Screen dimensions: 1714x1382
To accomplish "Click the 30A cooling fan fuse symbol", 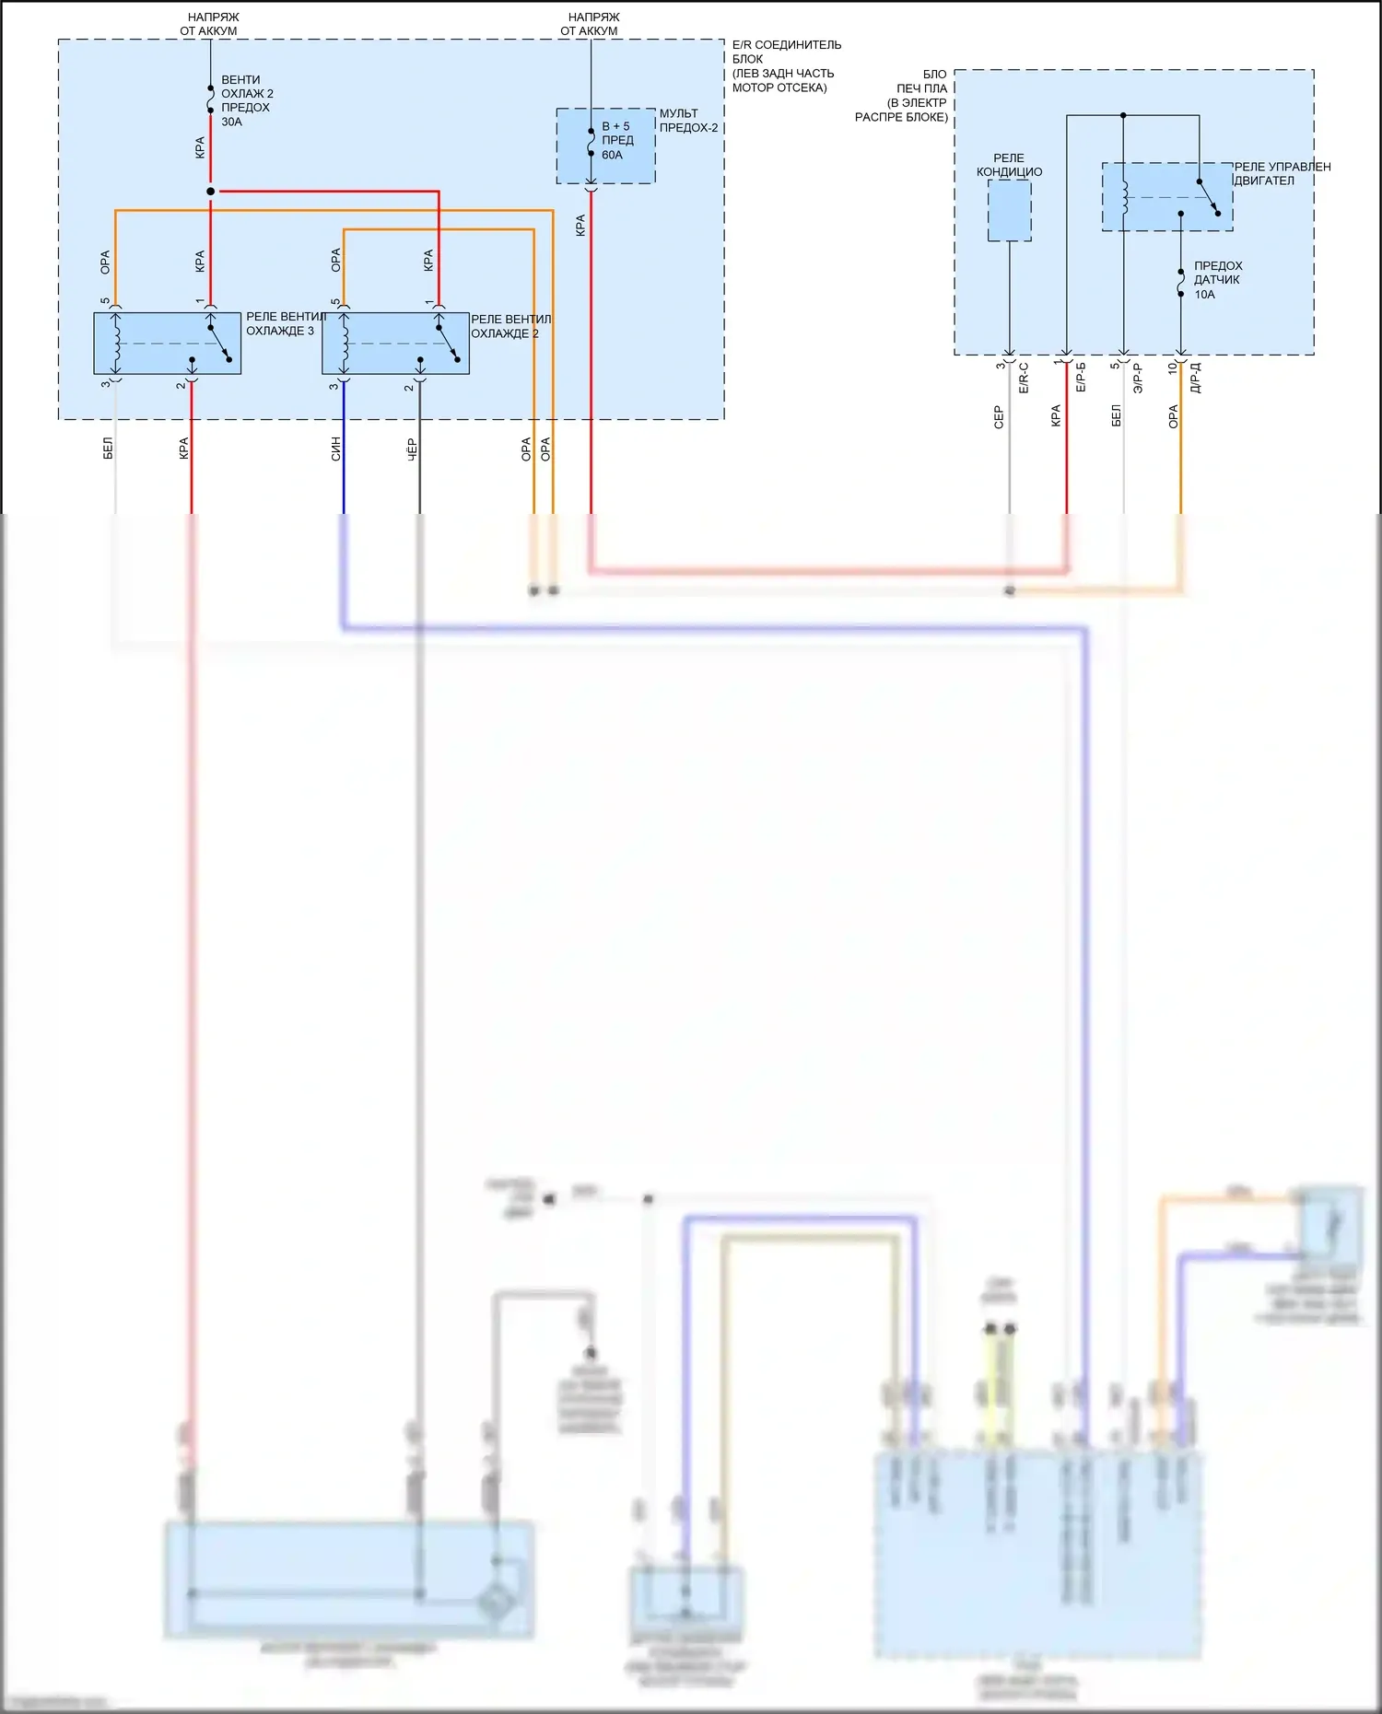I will (211, 99).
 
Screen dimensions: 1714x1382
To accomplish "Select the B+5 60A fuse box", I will (605, 146).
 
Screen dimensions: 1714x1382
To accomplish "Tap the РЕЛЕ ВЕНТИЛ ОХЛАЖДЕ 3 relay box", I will (167, 344).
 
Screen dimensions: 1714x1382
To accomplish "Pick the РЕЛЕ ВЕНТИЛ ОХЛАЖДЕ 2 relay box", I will (395, 344).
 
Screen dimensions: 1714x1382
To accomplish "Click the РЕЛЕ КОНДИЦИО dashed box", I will (1009, 210).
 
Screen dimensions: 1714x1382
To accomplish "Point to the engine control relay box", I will (1167, 197).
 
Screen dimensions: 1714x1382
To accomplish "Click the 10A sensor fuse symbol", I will (1181, 283).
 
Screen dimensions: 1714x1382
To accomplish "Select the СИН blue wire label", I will (336, 449).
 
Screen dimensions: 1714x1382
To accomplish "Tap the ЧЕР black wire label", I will (412, 449).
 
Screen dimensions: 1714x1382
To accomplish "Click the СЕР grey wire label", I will (999, 417).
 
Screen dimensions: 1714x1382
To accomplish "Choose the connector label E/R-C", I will (1024, 378).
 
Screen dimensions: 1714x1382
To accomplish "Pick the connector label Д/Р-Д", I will (1195, 378).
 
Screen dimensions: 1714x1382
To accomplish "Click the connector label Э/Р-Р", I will (1138, 378).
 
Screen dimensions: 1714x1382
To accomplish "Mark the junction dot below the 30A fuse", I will (211, 192).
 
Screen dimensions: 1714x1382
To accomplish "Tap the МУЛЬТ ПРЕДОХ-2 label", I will (687, 121).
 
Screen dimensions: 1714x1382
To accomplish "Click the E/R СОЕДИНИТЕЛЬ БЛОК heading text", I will (786, 52).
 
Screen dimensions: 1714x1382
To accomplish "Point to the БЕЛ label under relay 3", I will (108, 449).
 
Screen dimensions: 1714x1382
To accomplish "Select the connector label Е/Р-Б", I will (1081, 378).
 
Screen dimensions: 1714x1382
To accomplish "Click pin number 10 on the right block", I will (1172, 367).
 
